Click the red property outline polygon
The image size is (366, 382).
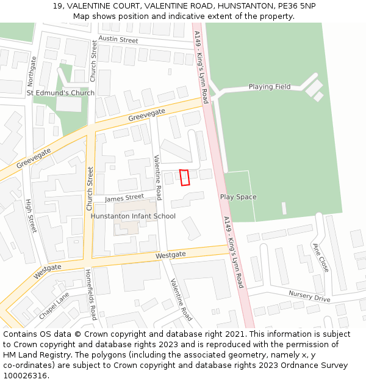tap(185, 177)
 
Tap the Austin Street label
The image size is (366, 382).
tap(118, 39)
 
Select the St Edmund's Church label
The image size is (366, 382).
tap(60, 93)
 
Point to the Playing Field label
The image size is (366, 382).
tap(270, 87)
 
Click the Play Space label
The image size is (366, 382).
tap(238, 197)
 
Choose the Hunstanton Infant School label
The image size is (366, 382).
tap(133, 216)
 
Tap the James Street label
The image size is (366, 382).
tap(124, 197)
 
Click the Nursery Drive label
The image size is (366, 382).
tap(309, 296)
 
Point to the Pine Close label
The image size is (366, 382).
tap(320, 257)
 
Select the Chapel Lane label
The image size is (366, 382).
tap(54, 305)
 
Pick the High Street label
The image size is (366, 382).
tap(31, 215)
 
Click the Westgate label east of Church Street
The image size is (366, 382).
tap(170, 254)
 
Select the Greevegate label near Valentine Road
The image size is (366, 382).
tap(146, 116)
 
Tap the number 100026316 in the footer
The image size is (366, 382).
tap(25, 376)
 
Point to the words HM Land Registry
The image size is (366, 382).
tap(31, 355)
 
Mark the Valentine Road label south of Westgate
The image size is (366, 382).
tap(181, 299)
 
